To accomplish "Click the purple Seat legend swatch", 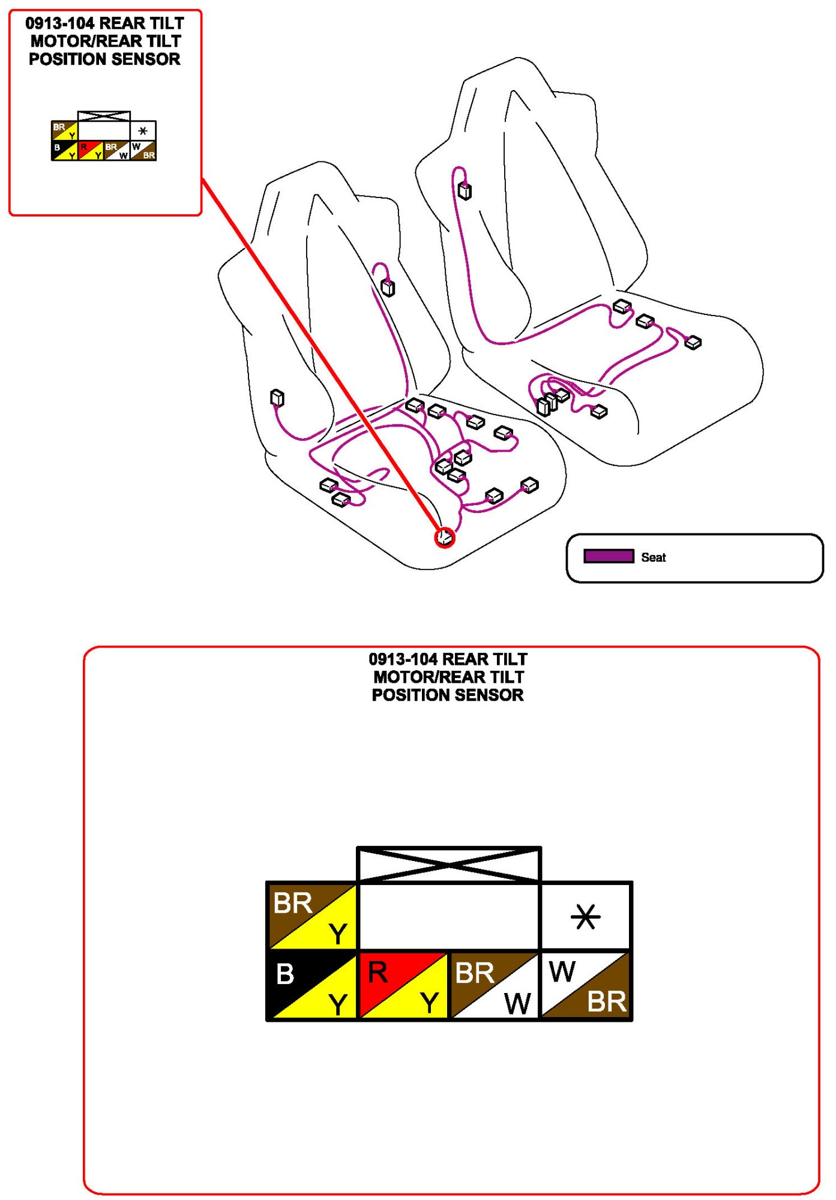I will click(609, 556).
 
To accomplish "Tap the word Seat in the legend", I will click(653, 557).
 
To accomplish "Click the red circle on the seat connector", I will click(445, 537).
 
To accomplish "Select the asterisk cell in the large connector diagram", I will click(586, 917).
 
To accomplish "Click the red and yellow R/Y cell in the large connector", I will click(403, 986).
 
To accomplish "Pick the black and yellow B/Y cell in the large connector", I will click(312, 986).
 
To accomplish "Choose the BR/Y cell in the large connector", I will click(312, 917).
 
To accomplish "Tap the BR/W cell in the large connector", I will click(495, 986).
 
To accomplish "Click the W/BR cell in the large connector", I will click(586, 986).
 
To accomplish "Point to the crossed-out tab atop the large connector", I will click(449, 865).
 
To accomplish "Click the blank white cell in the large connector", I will click(449, 917).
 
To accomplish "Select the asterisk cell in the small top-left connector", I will click(143, 131).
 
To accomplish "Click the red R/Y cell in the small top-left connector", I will click(91, 151).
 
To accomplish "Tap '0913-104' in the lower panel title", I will click(403, 659).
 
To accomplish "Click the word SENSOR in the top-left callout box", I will click(146, 59).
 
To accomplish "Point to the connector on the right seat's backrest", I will click(465, 191).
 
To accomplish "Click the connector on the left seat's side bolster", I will click(277, 397).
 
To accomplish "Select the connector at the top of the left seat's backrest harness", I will click(388, 288).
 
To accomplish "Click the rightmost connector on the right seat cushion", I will click(693, 343).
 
